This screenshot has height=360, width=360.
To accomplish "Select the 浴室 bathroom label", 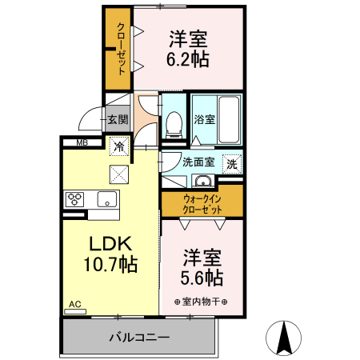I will (204, 120).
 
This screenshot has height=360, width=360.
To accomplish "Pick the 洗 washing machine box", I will (231, 162).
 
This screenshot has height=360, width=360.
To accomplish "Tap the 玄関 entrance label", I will (117, 120).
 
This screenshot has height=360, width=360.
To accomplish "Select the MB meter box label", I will (82, 142).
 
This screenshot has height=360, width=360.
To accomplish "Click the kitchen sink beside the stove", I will (106, 198).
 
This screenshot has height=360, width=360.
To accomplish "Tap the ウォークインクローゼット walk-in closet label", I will (202, 202).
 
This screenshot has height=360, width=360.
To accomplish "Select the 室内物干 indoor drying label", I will (202, 301).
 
